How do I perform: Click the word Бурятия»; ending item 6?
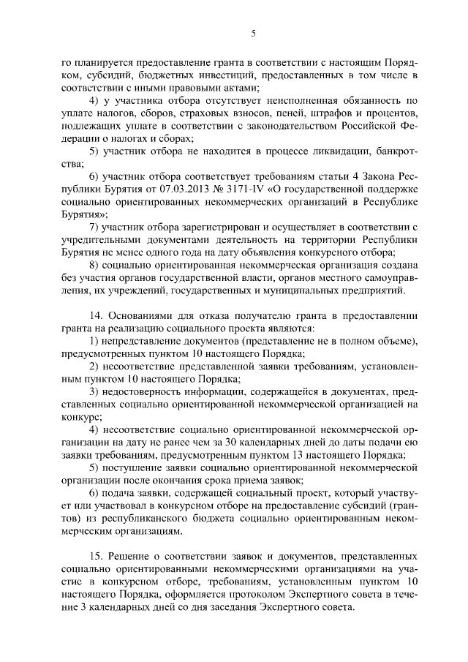click(85, 214)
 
